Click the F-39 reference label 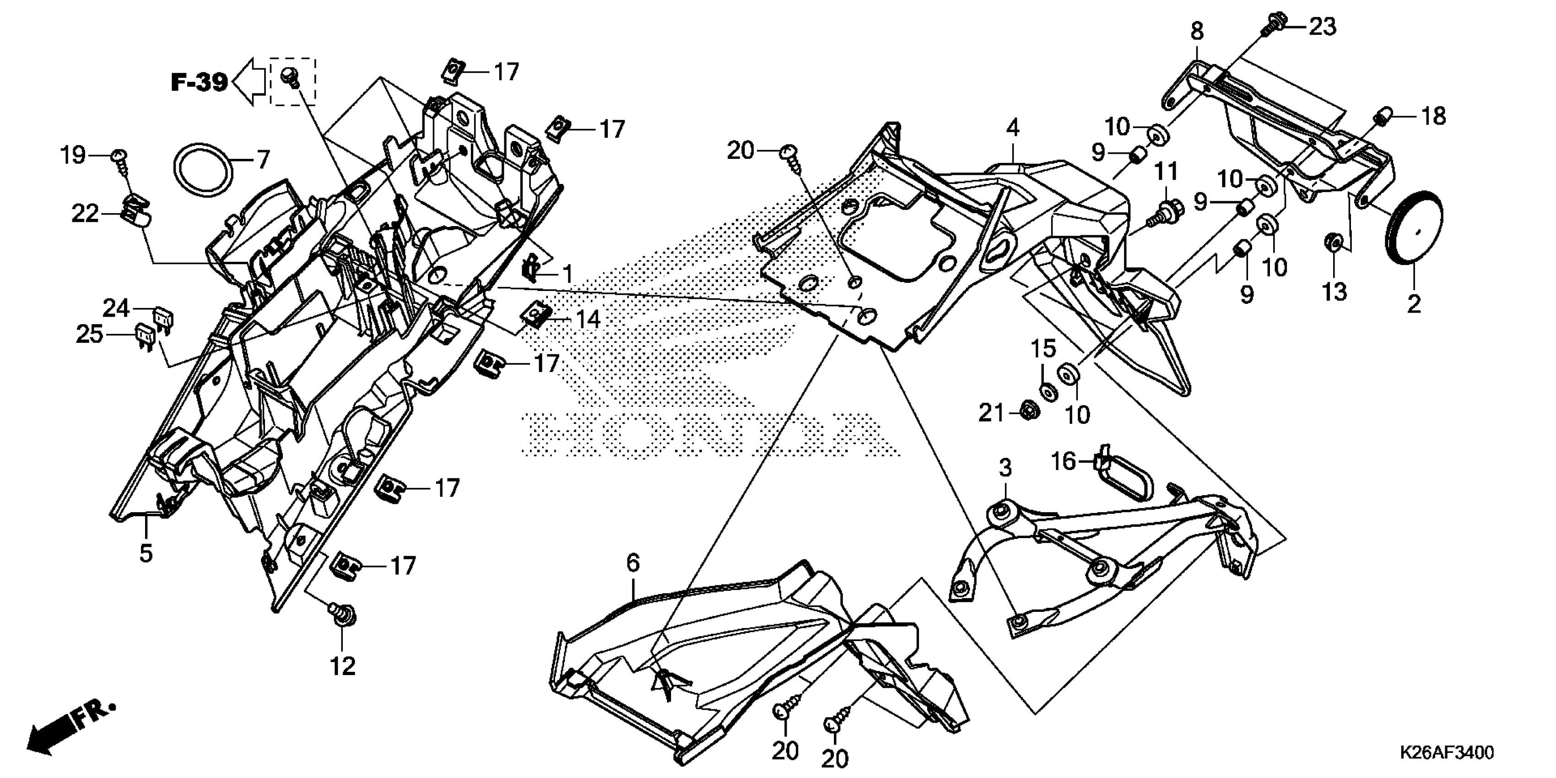click(200, 82)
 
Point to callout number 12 click(342, 667)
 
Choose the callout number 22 click(85, 213)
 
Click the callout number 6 click(632, 563)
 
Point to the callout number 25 click(89, 334)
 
